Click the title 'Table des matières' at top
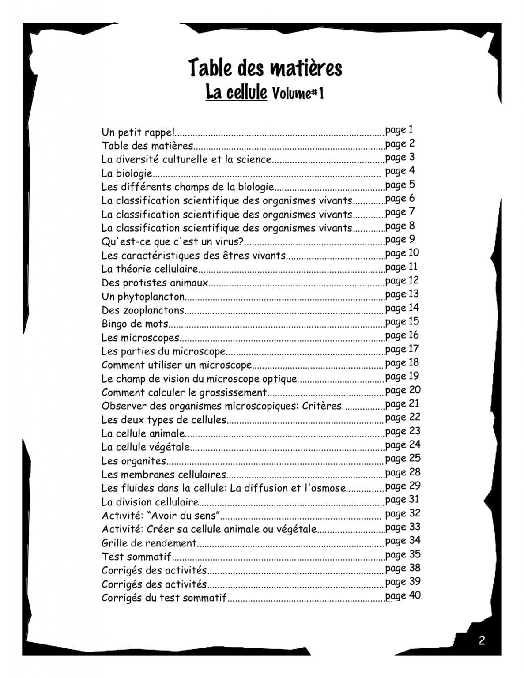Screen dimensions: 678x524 point(265,68)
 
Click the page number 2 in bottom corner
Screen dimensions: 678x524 point(482,640)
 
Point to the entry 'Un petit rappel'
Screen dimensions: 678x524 point(138,132)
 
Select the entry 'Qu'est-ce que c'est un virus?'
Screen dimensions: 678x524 point(173,241)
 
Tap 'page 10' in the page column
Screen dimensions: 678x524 point(402,253)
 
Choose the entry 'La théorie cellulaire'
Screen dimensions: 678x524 point(149,269)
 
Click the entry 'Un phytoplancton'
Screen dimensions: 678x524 point(143,296)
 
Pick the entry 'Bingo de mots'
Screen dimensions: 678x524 point(135,324)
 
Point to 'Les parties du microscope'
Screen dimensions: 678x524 point(163,351)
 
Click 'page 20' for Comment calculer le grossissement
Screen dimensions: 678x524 point(403,390)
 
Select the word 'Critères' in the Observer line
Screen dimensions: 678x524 point(322,406)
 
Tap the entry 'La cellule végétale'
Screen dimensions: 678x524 point(145,447)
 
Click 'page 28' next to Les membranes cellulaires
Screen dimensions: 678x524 point(403,472)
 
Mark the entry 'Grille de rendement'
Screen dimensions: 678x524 point(149,543)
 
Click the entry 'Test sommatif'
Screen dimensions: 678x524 point(136,557)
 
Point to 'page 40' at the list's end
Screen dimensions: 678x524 point(403,595)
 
